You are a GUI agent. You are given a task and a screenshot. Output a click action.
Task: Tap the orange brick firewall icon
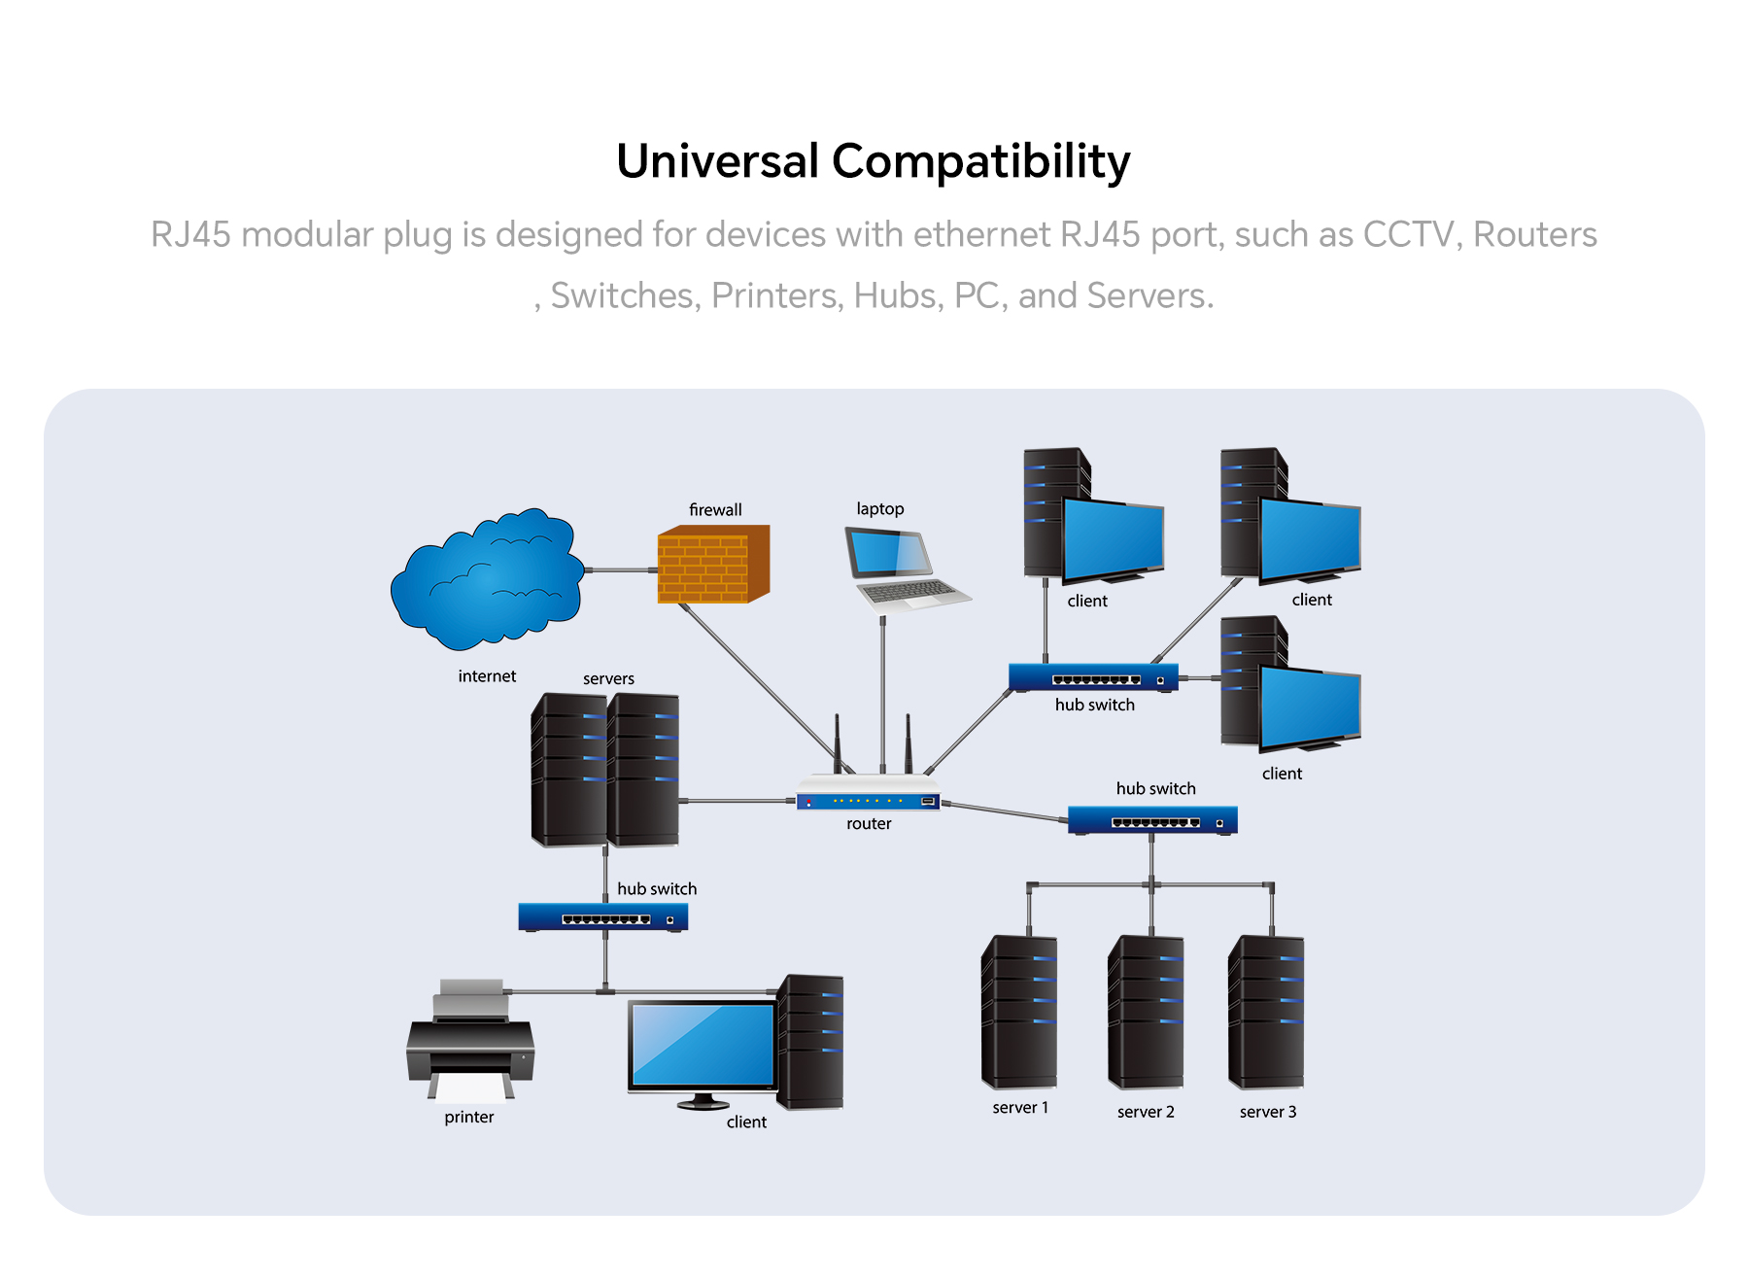(713, 564)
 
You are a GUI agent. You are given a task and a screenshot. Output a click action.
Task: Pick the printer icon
(470, 1040)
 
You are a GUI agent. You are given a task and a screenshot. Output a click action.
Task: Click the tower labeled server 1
(1019, 1012)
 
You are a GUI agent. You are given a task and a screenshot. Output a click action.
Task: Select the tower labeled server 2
(1146, 1012)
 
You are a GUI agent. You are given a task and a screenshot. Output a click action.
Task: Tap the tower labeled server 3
(1266, 1012)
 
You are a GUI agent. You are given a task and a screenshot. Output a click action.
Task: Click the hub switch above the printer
(603, 916)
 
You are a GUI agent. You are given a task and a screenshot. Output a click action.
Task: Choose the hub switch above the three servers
(1152, 820)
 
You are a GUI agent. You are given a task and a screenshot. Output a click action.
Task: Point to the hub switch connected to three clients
(1093, 677)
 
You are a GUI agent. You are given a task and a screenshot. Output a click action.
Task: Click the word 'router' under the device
(869, 824)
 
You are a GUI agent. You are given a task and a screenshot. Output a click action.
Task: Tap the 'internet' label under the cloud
(487, 676)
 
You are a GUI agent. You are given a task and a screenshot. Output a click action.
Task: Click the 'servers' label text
(608, 679)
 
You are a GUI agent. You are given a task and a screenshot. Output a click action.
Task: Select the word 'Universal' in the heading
(718, 161)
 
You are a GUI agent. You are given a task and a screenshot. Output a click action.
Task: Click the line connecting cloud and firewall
(622, 570)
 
